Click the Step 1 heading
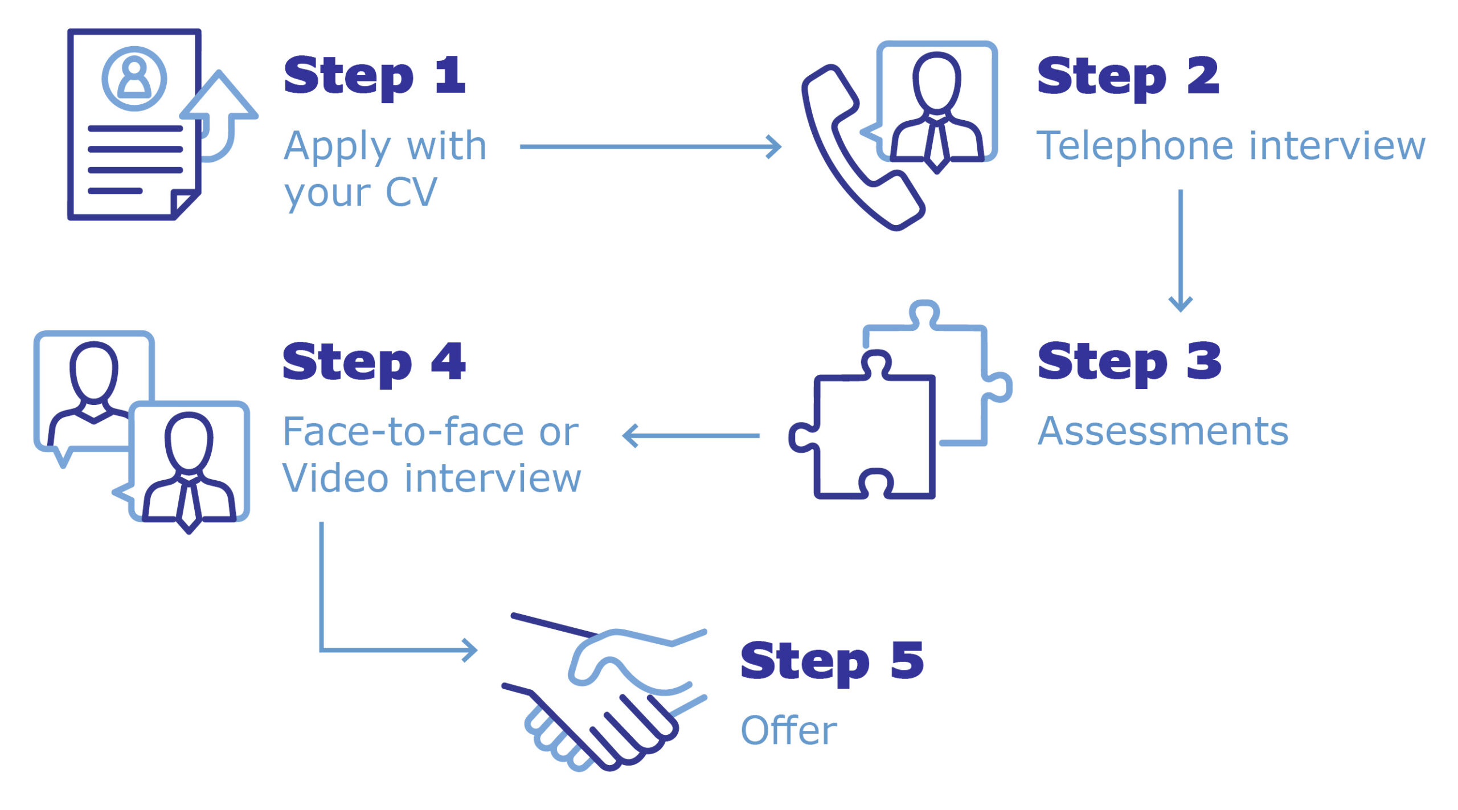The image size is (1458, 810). point(374,77)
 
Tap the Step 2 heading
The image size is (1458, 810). point(1128,77)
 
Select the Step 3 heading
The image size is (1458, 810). point(1129,363)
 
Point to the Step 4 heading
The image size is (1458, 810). point(374,363)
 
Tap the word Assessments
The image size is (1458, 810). point(1162,432)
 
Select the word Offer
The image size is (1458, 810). point(789,731)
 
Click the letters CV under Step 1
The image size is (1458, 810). point(411,193)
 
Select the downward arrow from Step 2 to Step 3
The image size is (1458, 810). point(1181,251)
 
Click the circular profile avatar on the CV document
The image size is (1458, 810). point(134,79)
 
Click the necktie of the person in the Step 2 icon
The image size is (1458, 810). point(936,145)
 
